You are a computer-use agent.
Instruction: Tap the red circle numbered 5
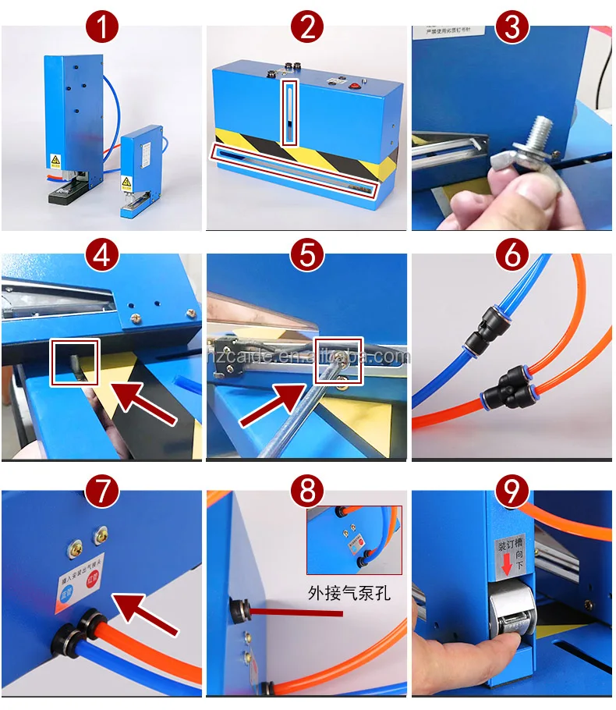point(307,254)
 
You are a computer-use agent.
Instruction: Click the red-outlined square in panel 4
point(74,361)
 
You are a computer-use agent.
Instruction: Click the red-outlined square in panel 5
point(338,360)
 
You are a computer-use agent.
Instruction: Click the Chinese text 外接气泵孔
point(349,593)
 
